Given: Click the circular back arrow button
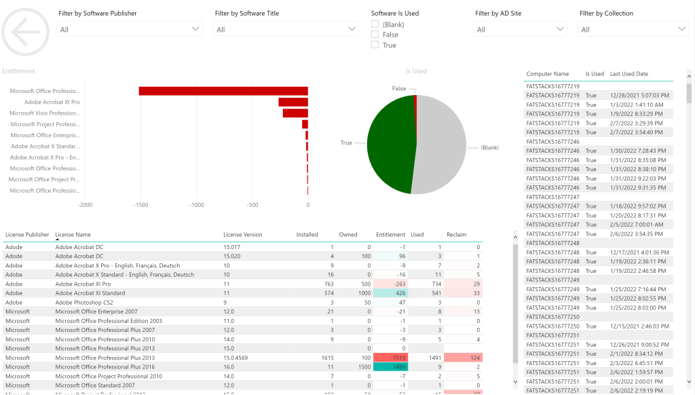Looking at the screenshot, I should coord(26,31).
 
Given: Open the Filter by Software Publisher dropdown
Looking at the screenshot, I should coord(130,29).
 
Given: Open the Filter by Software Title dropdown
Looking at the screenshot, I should coord(286,29).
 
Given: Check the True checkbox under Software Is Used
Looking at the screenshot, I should coord(375,45).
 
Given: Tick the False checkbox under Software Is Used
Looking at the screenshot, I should coord(375,35).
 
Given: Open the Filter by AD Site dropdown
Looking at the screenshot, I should coord(520,29).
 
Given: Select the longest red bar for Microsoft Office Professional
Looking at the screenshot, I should coord(223,91).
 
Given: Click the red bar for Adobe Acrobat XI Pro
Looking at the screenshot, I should coord(293,102).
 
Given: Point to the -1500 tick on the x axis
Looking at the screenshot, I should coord(141,204).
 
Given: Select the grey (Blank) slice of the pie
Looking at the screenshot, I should coord(441,146).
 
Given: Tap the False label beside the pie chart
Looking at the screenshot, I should coord(399,89).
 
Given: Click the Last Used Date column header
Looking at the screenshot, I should coord(628,74).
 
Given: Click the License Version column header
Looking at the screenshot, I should coord(242,235).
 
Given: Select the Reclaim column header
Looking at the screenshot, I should coord(457,235).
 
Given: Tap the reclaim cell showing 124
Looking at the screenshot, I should coord(464,358).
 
